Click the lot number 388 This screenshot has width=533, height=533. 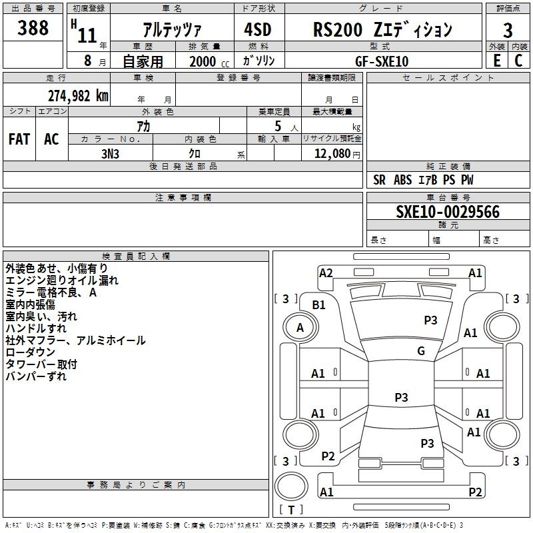(33, 27)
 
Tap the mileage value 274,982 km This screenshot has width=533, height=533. (78, 96)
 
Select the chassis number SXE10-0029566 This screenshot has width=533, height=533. (448, 212)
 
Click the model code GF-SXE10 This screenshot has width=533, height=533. (382, 61)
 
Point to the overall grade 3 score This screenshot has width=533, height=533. (508, 31)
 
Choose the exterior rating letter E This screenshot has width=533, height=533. (497, 61)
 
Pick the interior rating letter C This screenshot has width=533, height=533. (518, 61)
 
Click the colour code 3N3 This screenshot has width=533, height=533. (110, 154)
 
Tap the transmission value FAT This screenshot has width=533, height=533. (19, 139)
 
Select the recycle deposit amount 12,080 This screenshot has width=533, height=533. (332, 154)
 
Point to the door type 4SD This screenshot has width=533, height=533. (258, 29)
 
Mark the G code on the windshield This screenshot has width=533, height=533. (421, 350)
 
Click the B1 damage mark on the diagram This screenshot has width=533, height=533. (318, 305)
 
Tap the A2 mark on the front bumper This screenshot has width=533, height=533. (326, 273)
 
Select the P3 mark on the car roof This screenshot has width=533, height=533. (401, 397)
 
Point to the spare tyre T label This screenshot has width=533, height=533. (291, 510)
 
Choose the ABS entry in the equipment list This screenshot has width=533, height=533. (403, 180)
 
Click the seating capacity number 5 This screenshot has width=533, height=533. (278, 127)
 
